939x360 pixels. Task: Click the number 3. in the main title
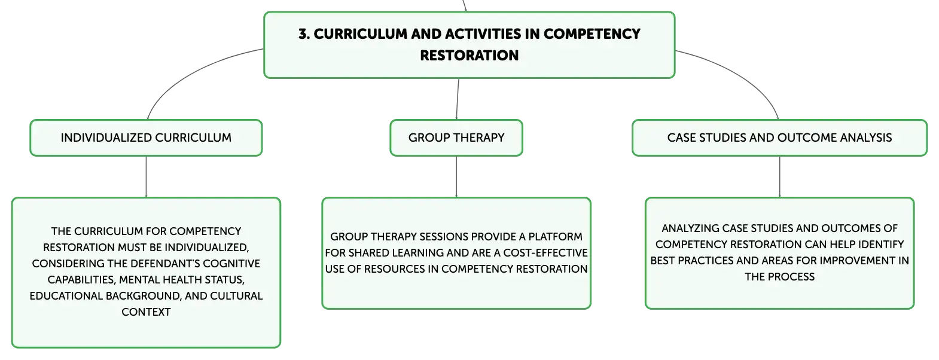point(304,34)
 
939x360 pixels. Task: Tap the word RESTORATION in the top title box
point(469,56)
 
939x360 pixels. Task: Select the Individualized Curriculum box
point(146,138)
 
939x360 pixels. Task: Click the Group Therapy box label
point(456,138)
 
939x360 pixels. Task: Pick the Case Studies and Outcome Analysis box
point(779,138)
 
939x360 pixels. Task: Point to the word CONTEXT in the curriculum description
point(146,312)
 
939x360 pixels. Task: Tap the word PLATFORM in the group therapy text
point(555,237)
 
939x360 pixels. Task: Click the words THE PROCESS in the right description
point(779,277)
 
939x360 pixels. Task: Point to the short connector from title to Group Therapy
point(458,99)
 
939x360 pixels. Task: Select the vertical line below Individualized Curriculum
point(146,177)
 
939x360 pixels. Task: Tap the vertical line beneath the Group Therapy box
point(456,177)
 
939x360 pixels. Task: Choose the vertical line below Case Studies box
point(779,177)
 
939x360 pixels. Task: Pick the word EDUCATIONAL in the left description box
point(66,296)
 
